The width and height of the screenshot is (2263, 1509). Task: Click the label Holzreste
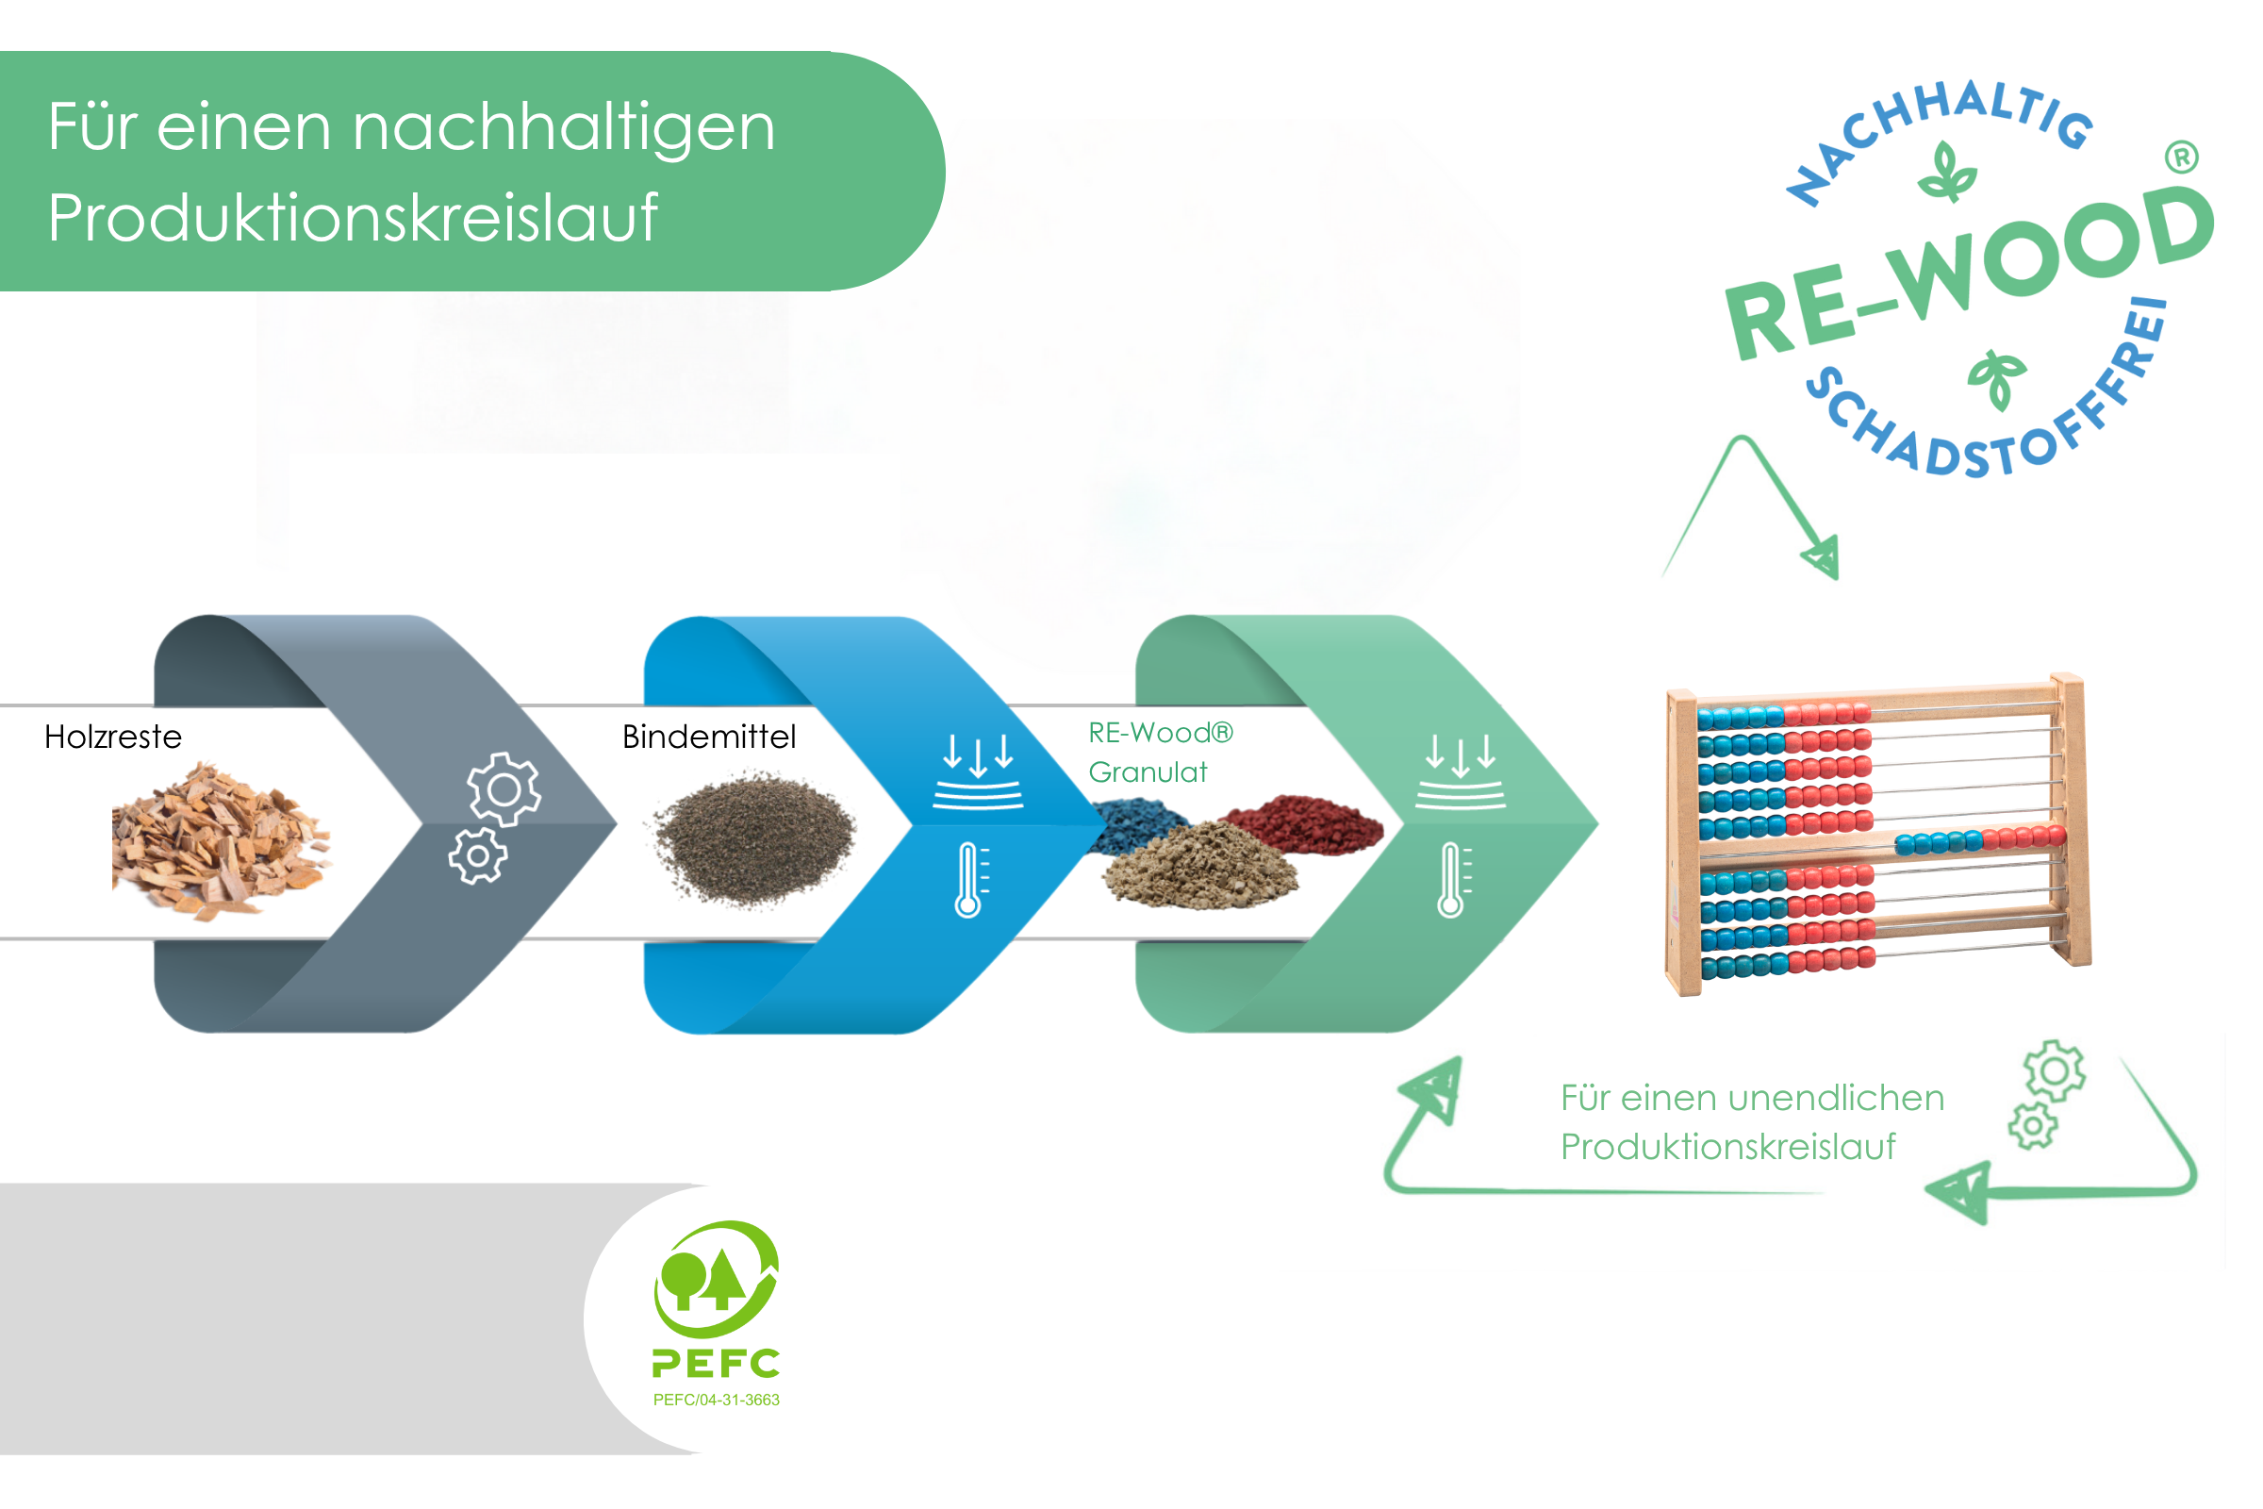coord(112,738)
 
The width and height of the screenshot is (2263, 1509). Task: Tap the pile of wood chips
coord(220,840)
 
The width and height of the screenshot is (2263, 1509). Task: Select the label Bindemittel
coord(709,738)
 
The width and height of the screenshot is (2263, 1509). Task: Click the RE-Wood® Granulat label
coord(1160,753)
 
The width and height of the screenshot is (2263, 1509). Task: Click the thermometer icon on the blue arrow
coord(970,880)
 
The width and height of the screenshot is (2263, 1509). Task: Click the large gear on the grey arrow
coord(504,789)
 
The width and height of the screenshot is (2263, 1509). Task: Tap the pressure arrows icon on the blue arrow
coord(978,771)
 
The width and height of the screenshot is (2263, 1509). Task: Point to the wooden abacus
coord(1876,835)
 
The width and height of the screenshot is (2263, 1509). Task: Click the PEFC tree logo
coord(717,1280)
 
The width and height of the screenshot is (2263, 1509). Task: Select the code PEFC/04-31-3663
coord(717,1401)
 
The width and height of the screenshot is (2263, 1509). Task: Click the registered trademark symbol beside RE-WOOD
coord(2181,157)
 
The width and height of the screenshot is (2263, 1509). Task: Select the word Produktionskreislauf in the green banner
coord(352,218)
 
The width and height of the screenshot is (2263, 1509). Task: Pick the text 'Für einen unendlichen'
coord(1752,1098)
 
